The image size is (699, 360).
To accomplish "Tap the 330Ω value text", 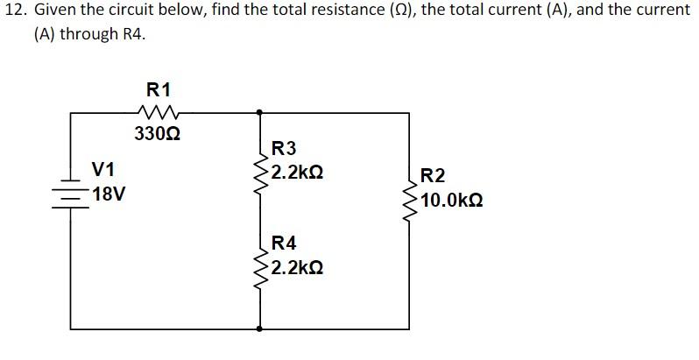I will click(x=158, y=134).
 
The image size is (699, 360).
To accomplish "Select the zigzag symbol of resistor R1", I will click(x=159, y=111).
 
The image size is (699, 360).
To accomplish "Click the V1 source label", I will click(x=106, y=167).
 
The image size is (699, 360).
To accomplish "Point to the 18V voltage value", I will click(x=108, y=194).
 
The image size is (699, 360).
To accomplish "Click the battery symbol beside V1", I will click(x=70, y=192).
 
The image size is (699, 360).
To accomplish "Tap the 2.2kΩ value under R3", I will click(x=297, y=173).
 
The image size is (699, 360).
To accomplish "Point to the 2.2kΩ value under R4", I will click(x=297, y=267).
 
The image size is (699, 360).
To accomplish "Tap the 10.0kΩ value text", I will click(x=452, y=201).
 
